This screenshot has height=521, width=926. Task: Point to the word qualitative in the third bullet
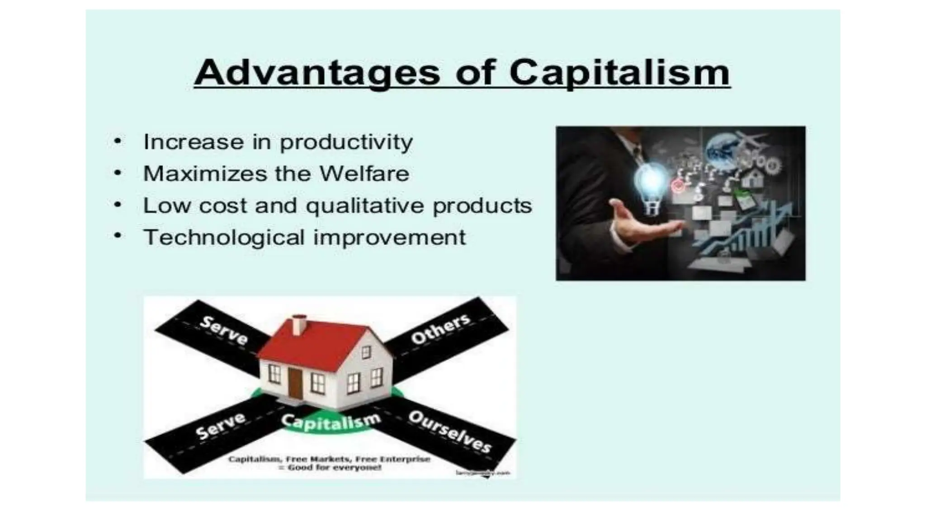[x=365, y=206]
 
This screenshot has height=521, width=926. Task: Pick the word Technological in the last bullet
[x=224, y=237]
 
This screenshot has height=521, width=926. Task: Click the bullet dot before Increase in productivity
[x=118, y=141]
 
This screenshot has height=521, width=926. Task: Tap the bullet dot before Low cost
[x=118, y=205]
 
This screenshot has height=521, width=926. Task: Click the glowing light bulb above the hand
[x=651, y=183]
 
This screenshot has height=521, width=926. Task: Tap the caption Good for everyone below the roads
[x=330, y=468]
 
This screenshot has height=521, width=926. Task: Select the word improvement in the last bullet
[x=389, y=237]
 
